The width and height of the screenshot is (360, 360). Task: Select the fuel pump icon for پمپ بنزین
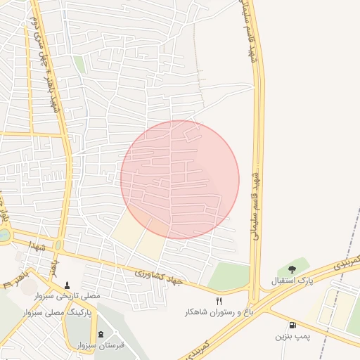click(292, 325)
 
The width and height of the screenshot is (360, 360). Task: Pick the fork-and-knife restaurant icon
click(219, 300)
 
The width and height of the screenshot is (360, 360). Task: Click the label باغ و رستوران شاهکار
click(219, 311)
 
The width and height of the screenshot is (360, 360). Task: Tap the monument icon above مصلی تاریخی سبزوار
click(67, 285)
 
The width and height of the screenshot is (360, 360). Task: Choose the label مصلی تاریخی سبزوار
click(67, 296)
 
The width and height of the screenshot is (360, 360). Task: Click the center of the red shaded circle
click(180, 179)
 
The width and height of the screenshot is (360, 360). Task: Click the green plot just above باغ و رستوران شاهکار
click(230, 276)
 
